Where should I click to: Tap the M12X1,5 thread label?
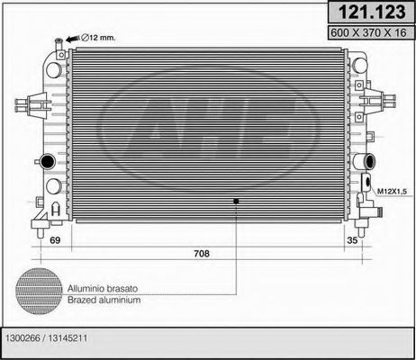coord(392,191)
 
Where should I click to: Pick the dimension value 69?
coord(55,241)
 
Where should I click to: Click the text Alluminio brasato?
coord(103,287)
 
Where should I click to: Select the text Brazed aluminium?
coord(103,300)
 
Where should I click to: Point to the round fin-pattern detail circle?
coord(39,292)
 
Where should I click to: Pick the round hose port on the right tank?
coord(368,163)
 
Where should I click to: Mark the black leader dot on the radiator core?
coord(235,201)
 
